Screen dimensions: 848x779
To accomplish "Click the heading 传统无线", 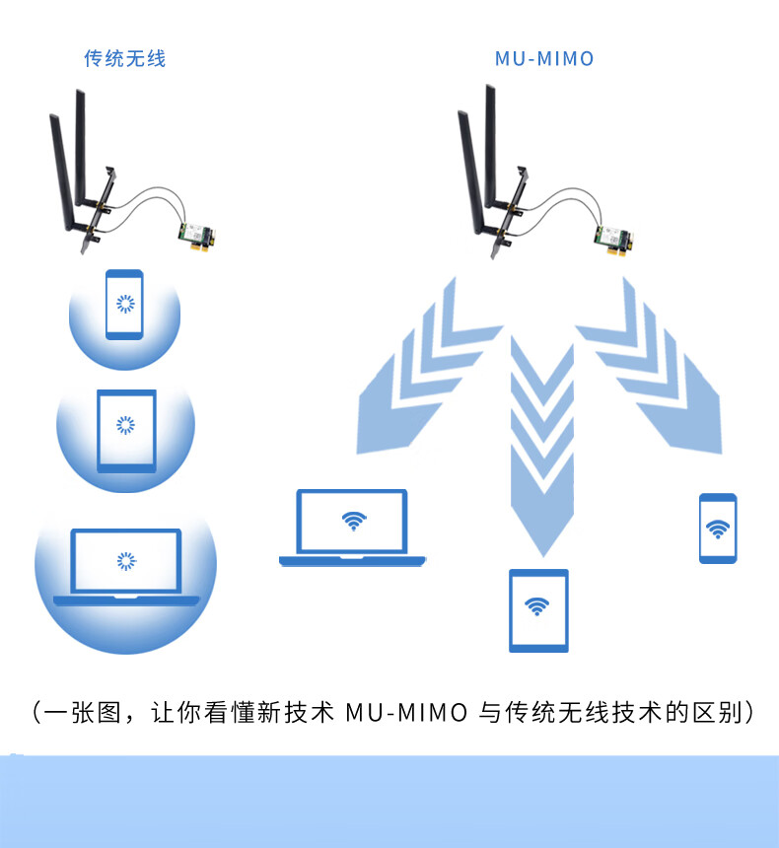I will [x=124, y=59].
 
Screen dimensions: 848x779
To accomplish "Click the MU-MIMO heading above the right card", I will [x=544, y=59].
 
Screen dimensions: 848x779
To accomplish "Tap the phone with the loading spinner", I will [x=125, y=304].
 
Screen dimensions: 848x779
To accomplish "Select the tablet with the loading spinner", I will [x=126, y=430].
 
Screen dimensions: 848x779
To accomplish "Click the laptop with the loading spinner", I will [x=126, y=566].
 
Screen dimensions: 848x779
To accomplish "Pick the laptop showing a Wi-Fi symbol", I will [x=353, y=528].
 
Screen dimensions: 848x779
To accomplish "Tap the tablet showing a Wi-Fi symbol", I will [x=538, y=610].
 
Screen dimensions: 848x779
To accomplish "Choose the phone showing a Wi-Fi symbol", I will [x=718, y=529].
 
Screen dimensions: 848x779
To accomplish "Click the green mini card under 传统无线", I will [x=194, y=233].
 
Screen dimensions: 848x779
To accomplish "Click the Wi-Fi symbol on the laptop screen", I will [x=353, y=521].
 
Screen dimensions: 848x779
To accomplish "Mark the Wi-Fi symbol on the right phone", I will [x=718, y=530].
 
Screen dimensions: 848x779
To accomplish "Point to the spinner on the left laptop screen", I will [x=125, y=560].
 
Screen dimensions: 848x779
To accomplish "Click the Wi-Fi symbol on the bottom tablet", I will [x=538, y=605].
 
